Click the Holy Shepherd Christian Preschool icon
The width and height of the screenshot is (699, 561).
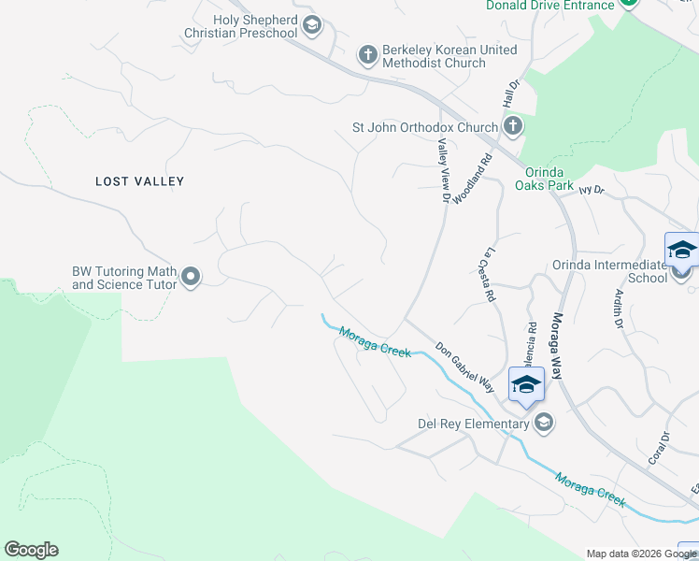(x=312, y=26)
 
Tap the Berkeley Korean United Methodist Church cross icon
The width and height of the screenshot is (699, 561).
(x=368, y=56)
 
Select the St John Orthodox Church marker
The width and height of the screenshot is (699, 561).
(x=512, y=126)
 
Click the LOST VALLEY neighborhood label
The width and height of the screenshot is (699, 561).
(x=140, y=181)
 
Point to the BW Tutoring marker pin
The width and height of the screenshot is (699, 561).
(x=191, y=277)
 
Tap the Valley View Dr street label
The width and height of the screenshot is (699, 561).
(x=444, y=169)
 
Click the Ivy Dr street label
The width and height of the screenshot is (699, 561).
(x=592, y=190)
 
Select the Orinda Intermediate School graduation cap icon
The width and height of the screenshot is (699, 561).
(x=682, y=251)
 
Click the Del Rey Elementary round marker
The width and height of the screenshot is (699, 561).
(x=543, y=424)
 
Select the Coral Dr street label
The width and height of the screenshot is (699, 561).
(x=660, y=449)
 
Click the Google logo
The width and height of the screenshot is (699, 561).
(x=31, y=550)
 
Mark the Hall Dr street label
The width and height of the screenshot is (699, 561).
(x=509, y=92)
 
